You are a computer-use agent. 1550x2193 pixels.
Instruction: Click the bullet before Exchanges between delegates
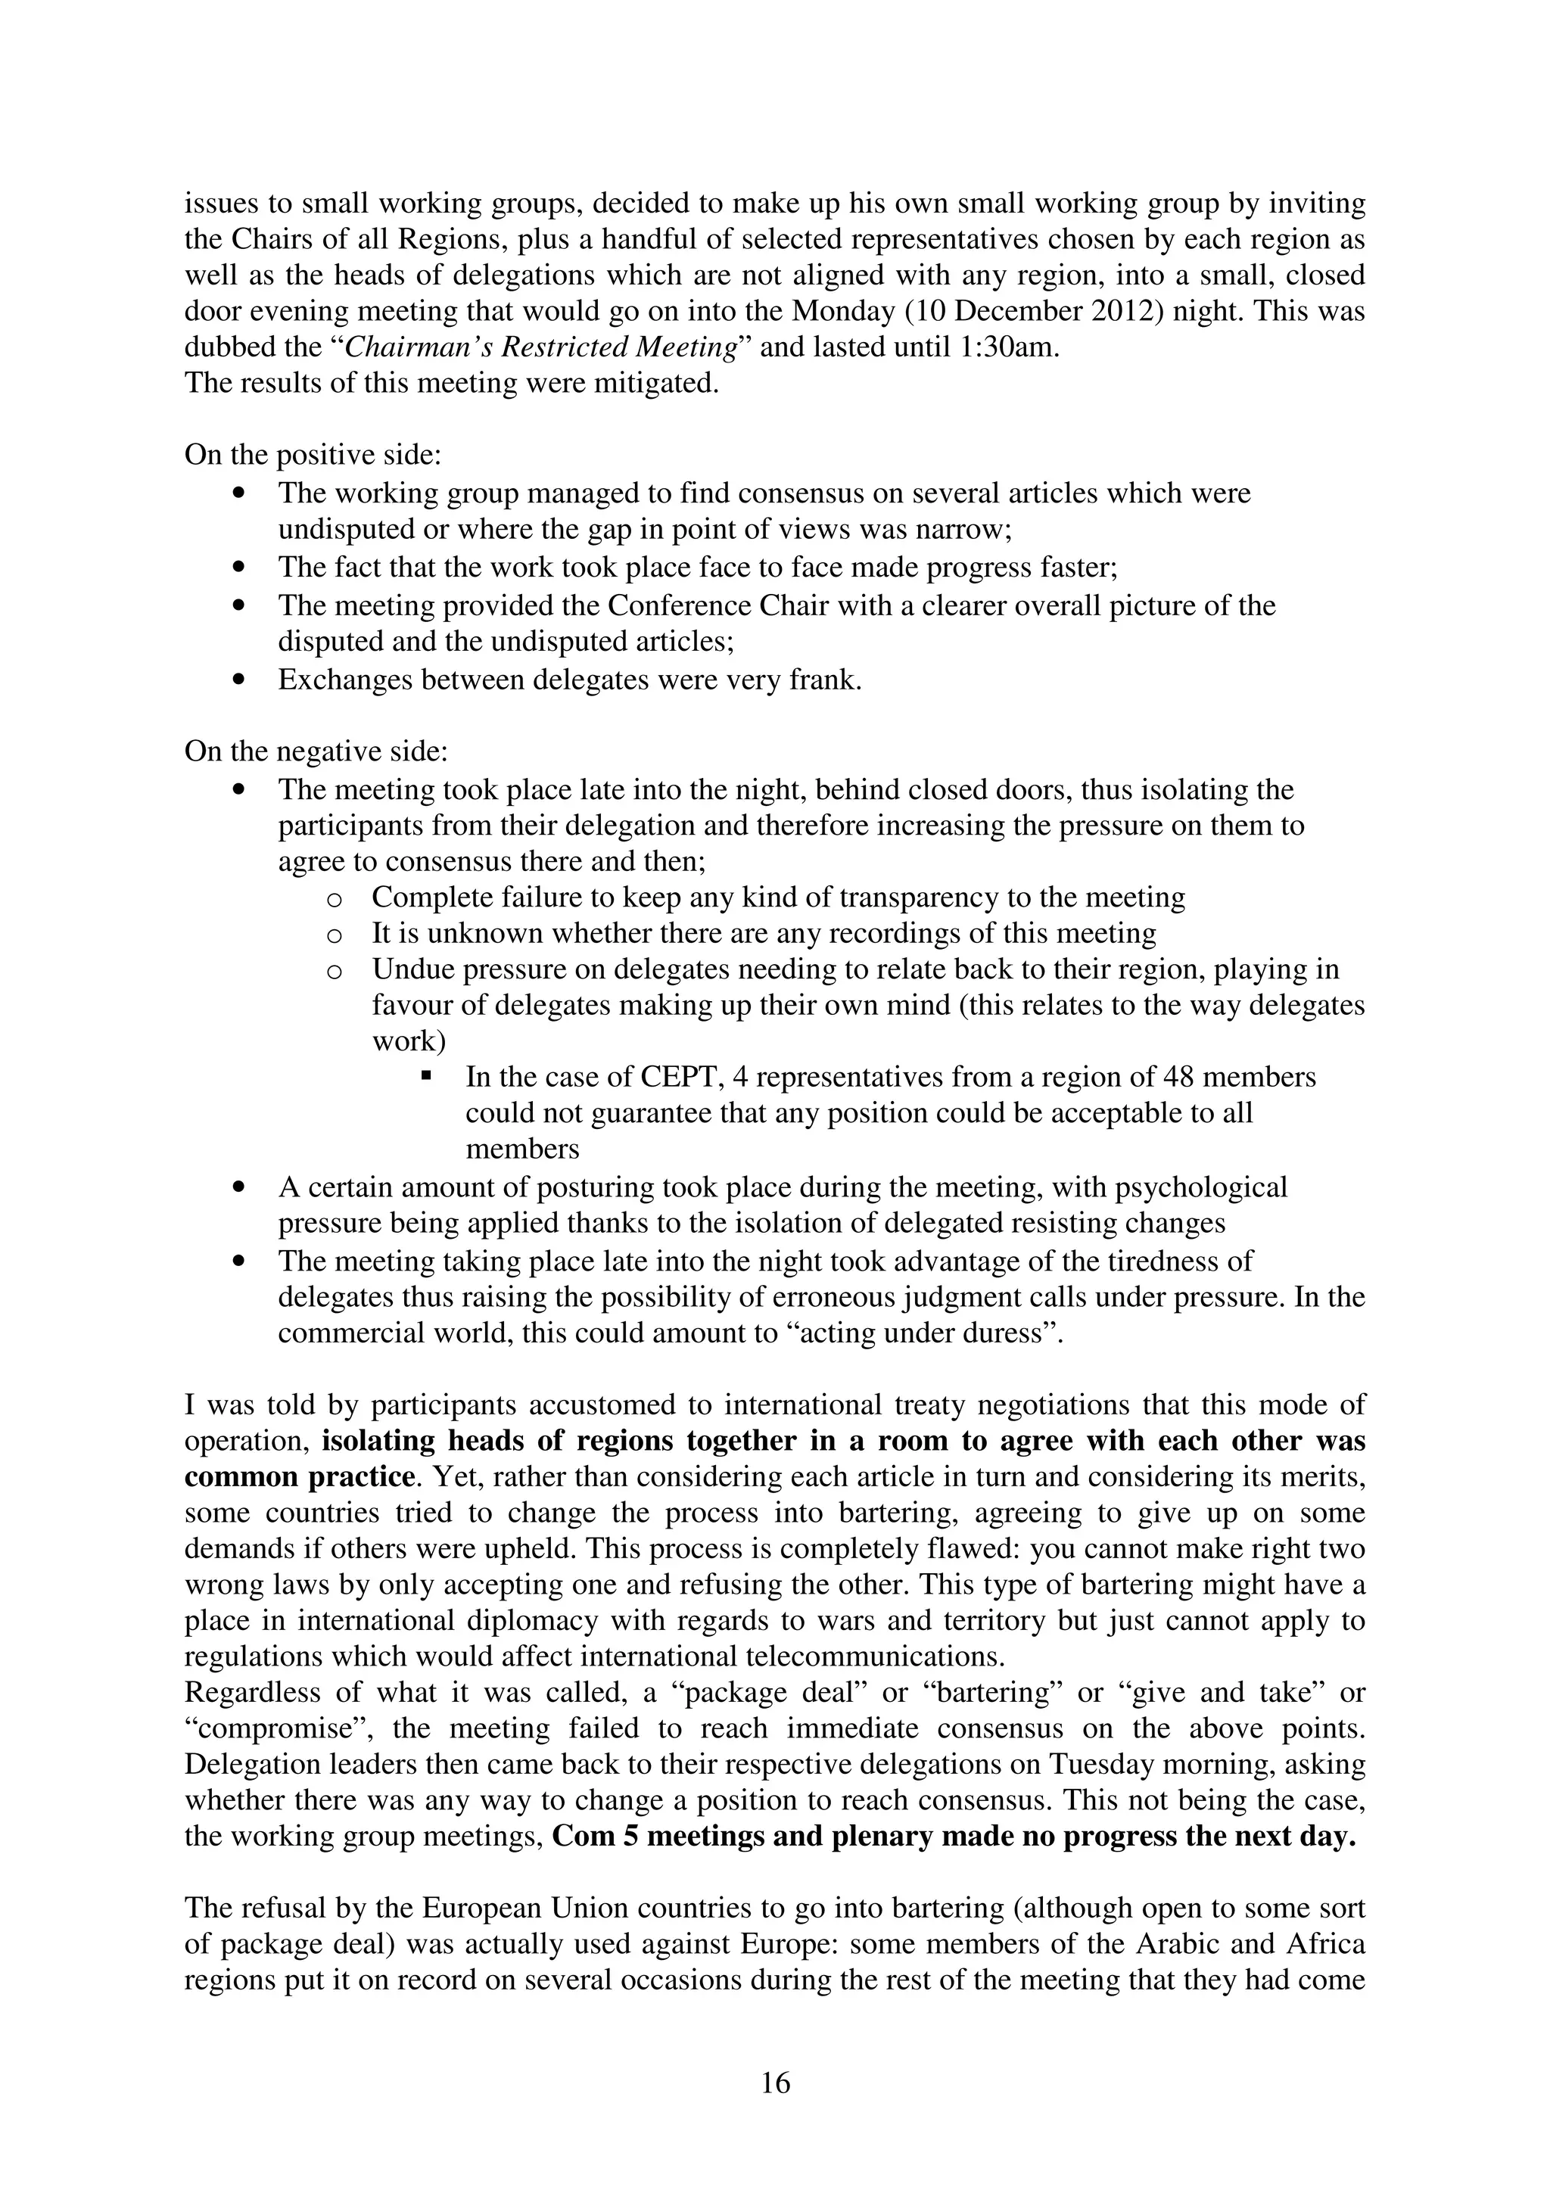click(238, 681)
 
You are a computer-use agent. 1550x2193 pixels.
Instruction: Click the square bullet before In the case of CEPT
click(426, 1076)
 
